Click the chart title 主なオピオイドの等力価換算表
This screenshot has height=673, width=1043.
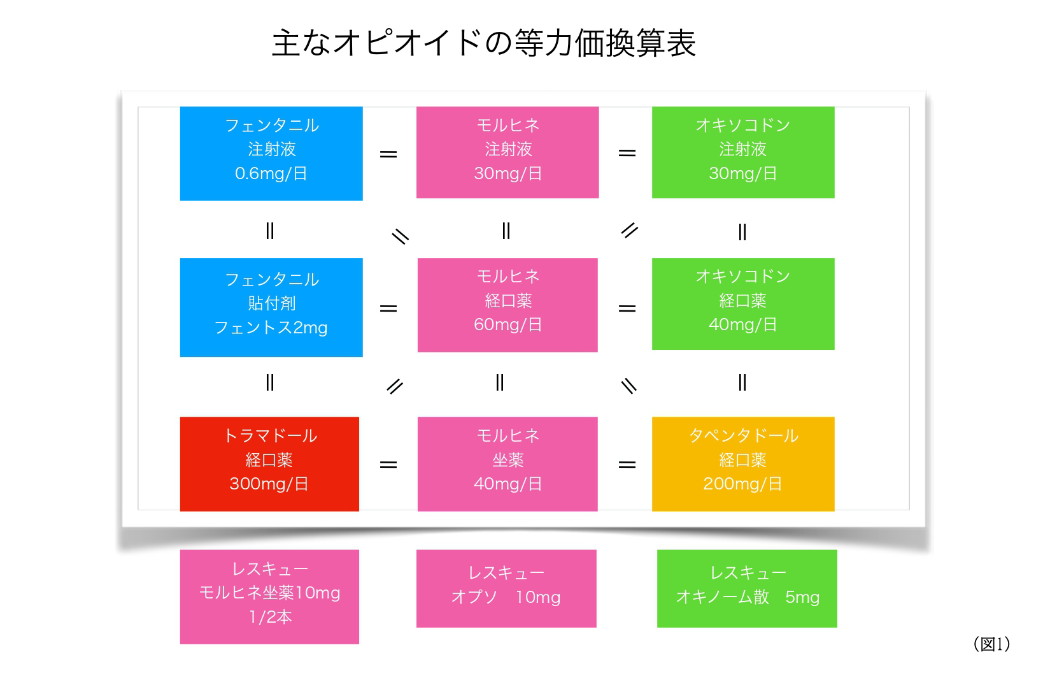pyautogui.click(x=484, y=43)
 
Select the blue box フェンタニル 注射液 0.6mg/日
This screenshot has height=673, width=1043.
pyautogui.click(x=271, y=154)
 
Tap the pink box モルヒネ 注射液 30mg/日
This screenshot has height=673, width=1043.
pyautogui.click(x=507, y=152)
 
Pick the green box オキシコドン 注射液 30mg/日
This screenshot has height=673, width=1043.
pyautogui.click(x=743, y=152)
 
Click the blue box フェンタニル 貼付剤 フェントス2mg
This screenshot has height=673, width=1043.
pyautogui.click(x=271, y=308)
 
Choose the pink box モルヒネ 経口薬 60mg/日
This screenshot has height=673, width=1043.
pyautogui.click(x=507, y=305)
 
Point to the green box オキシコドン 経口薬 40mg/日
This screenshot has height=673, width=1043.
pyautogui.click(x=743, y=304)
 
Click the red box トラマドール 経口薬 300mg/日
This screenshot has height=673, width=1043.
pyautogui.click(x=269, y=464)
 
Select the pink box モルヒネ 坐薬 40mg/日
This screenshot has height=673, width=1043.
pyautogui.click(x=507, y=464)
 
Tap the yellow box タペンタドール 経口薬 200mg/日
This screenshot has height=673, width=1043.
pyautogui.click(x=743, y=464)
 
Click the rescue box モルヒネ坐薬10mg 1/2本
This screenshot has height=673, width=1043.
pyautogui.click(x=269, y=597)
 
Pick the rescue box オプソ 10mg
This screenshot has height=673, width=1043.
pyautogui.click(x=507, y=589)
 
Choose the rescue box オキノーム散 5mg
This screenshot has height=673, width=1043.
pyautogui.click(x=747, y=589)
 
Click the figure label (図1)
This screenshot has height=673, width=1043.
pyautogui.click(x=992, y=644)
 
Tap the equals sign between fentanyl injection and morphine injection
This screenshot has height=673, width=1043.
pyautogui.click(x=388, y=154)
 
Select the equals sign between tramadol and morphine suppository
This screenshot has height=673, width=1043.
pyautogui.click(x=388, y=464)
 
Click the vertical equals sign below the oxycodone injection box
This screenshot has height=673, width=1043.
pyautogui.click(x=742, y=231)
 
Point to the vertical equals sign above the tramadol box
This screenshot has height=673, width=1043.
pyautogui.click(x=269, y=382)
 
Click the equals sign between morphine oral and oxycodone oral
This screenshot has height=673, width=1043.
pyautogui.click(x=627, y=308)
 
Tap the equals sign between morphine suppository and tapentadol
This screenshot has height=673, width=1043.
pyautogui.click(x=627, y=464)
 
